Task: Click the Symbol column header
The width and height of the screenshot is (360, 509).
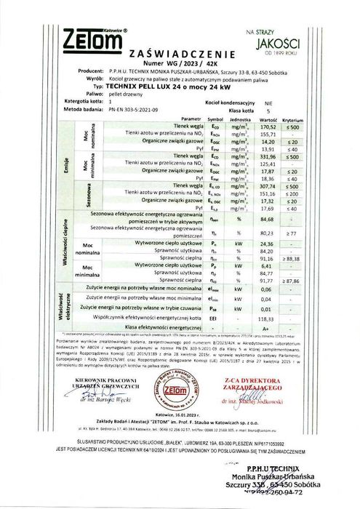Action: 214,116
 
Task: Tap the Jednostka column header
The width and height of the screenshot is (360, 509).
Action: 241,116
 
